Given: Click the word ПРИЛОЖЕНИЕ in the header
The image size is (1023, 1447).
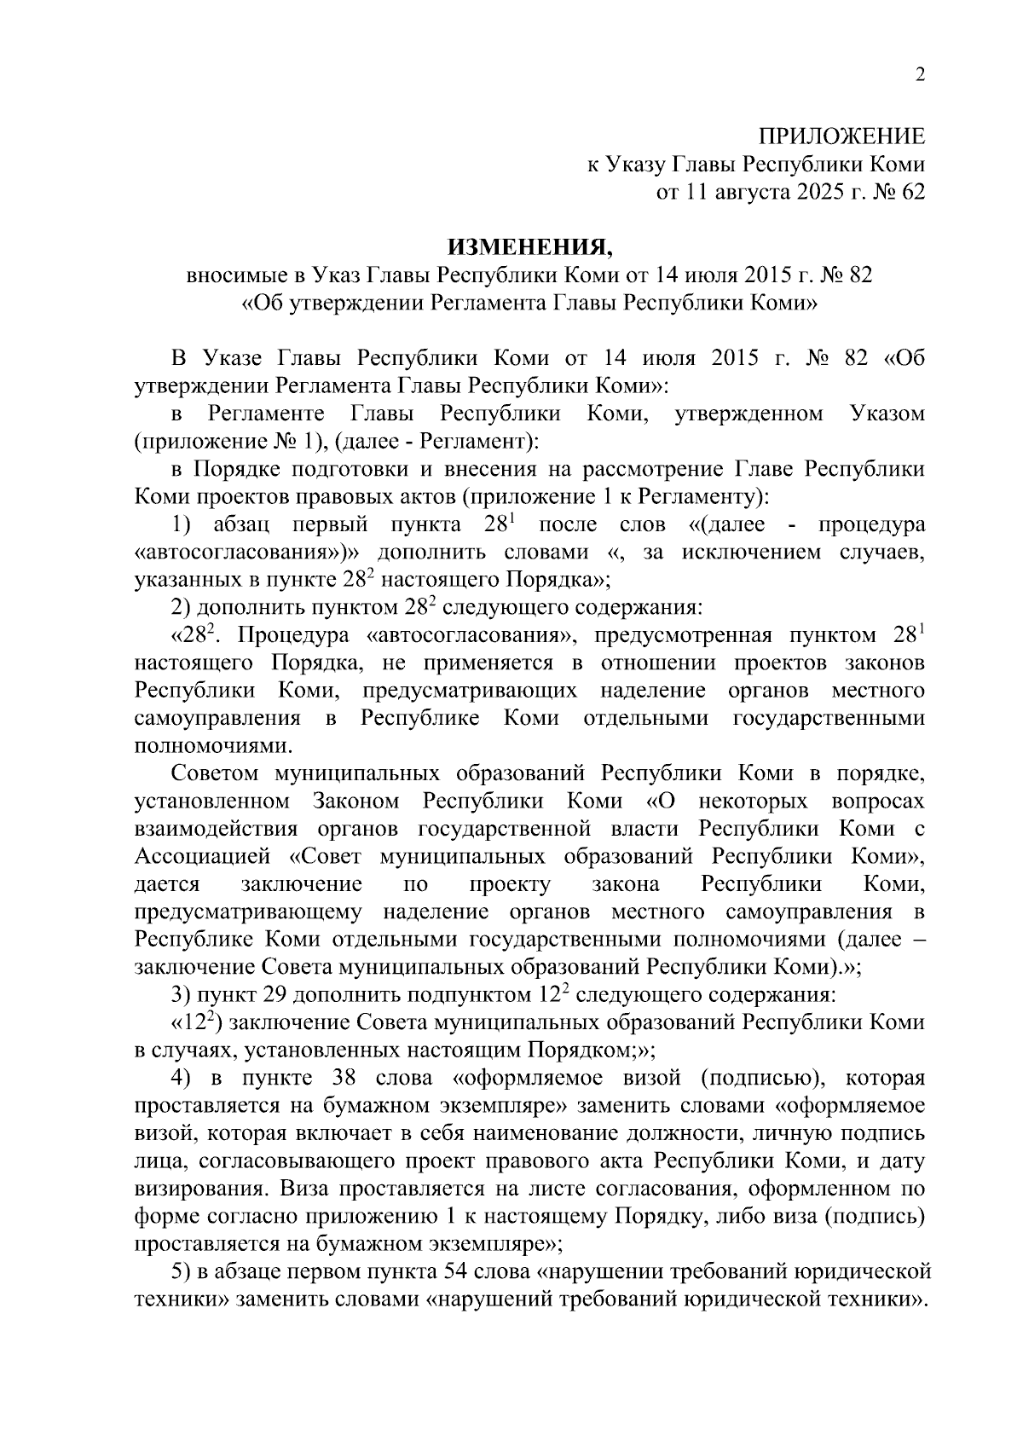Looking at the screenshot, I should (841, 136).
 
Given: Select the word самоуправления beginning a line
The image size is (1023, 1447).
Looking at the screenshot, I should (217, 718).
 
